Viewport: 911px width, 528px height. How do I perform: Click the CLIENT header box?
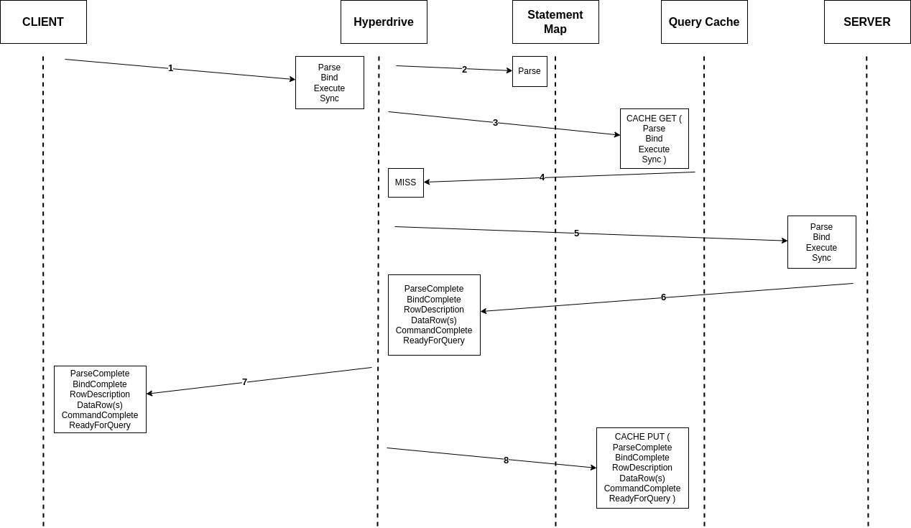43,22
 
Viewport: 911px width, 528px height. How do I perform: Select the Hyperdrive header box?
384,22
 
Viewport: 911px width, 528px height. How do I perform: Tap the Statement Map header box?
555,22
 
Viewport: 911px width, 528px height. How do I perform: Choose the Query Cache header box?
704,22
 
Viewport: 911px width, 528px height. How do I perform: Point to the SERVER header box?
867,22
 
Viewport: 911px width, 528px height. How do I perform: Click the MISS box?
406,182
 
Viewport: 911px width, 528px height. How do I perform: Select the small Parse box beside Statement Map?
530,71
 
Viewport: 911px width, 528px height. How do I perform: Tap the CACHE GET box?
655,139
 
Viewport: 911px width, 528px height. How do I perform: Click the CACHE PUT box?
642,468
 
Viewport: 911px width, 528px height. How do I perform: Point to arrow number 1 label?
171,68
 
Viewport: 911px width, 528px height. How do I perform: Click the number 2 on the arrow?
464,70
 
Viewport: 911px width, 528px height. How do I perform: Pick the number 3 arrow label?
495,122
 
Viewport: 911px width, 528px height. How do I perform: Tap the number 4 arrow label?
542,177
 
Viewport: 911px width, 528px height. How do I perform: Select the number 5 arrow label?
577,233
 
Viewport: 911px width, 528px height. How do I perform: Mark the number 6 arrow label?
664,297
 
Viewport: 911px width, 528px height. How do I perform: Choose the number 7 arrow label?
245,382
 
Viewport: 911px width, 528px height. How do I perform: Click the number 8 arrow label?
507,460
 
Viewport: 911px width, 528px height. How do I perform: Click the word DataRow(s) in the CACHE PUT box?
642,478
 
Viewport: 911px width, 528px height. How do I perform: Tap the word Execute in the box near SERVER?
821,247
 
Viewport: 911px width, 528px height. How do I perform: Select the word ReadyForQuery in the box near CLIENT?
100,425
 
